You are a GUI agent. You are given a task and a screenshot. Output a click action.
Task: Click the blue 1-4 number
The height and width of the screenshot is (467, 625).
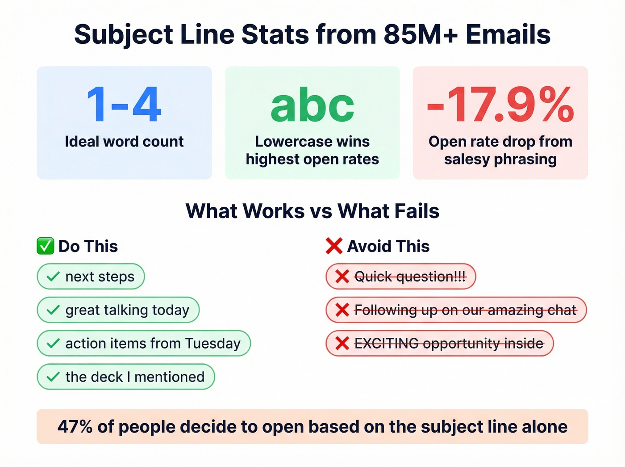[124, 105]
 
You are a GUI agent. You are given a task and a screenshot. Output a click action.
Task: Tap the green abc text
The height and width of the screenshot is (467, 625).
[312, 105]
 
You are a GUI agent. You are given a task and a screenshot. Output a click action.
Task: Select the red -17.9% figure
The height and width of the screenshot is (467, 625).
[500, 105]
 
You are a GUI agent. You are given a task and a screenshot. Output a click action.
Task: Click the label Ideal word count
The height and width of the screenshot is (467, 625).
[124, 142]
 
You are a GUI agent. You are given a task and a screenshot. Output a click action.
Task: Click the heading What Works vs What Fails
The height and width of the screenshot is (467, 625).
[312, 211]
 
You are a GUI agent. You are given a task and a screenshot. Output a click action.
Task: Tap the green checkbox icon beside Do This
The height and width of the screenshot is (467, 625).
[45, 246]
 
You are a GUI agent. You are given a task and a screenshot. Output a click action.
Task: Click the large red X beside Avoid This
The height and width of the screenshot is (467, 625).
[334, 246]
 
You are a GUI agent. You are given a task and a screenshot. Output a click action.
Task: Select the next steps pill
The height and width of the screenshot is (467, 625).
[91, 277]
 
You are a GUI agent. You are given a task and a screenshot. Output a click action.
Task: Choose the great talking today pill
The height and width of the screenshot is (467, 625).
[118, 310]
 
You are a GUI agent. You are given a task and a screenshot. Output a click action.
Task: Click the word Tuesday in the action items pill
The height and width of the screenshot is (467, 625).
[213, 343]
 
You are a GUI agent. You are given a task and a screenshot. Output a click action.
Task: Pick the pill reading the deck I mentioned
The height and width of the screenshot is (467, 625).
[125, 377]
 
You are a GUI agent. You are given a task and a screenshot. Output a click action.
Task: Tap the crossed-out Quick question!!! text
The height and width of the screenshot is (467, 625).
[410, 277]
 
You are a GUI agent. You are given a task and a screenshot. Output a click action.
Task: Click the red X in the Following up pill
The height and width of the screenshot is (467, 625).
[342, 310]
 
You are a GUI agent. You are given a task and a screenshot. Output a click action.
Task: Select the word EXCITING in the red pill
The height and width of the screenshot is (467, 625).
[386, 343]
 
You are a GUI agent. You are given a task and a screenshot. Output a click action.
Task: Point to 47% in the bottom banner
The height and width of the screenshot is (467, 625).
[75, 427]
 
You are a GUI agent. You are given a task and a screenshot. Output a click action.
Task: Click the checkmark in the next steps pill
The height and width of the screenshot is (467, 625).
[53, 277]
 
